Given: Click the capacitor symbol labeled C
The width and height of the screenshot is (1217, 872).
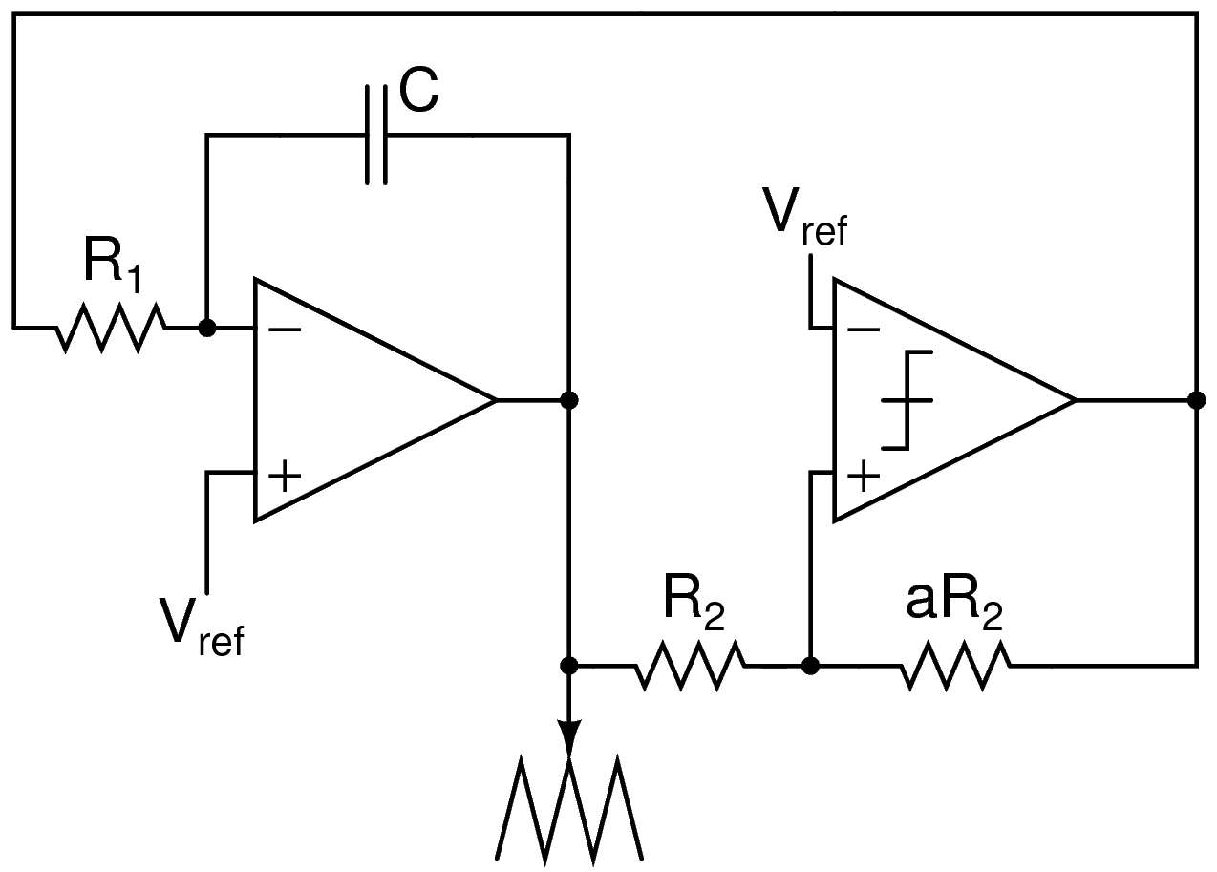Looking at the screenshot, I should click(376, 135).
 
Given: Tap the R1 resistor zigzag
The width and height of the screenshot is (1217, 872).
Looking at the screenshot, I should click(111, 328).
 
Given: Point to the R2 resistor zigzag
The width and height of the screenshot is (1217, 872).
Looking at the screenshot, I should click(690, 665).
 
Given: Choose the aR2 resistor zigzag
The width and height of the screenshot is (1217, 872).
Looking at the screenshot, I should click(954, 665).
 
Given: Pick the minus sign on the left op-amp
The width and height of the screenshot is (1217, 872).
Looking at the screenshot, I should click(285, 330).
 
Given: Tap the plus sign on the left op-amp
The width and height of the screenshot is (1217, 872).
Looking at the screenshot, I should click(285, 474).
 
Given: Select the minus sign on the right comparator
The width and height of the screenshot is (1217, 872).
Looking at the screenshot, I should click(864, 330).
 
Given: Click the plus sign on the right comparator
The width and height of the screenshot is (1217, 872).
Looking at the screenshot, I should click(864, 475).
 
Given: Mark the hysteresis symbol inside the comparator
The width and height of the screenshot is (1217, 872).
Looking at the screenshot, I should click(906, 400).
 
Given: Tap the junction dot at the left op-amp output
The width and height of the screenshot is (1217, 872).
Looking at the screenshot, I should click(569, 400).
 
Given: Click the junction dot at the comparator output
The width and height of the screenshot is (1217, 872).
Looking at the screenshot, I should click(1195, 400).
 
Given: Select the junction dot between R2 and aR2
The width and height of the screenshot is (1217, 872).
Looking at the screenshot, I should click(809, 665).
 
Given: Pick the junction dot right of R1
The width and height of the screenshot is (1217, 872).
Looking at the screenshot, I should click(205, 328).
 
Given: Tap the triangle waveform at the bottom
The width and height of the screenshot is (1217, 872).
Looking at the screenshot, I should click(570, 808).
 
